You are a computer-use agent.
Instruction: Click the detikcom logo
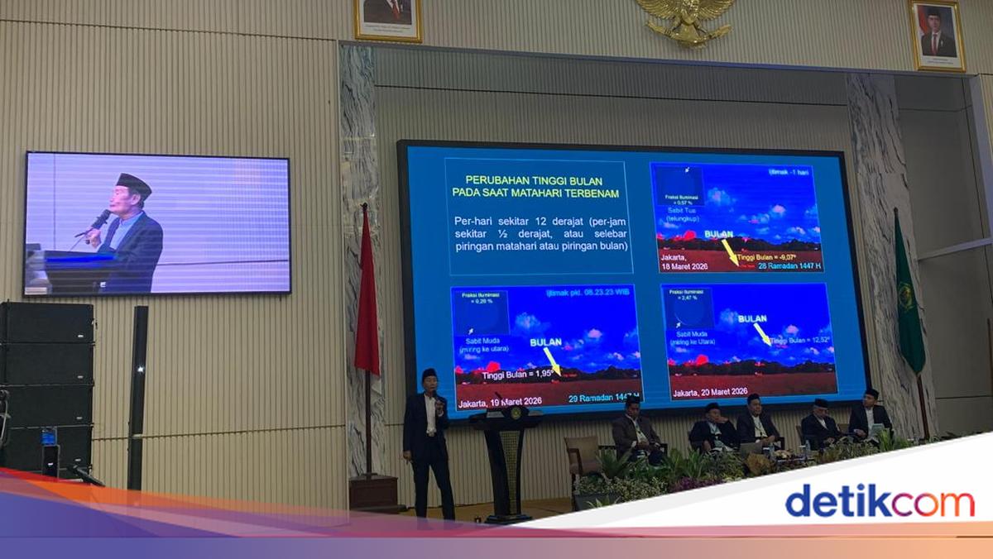click(x=880, y=502)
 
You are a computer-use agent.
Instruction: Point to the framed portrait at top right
click(x=938, y=35)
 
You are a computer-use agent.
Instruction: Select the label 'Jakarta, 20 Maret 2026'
click(x=710, y=391)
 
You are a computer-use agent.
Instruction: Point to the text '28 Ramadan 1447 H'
click(x=780, y=265)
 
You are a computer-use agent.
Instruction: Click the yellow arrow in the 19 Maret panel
click(x=551, y=360)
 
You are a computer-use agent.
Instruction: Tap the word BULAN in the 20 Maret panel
click(x=751, y=318)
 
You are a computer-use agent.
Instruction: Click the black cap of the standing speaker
click(x=429, y=374)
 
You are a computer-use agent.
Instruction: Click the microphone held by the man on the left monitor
click(x=98, y=221)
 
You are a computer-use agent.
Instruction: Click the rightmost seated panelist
click(x=870, y=415)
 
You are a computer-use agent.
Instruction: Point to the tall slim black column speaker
click(x=137, y=397)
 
